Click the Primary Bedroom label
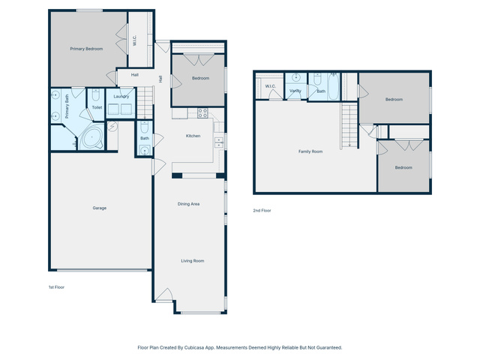pyautogui.click(x=86, y=49)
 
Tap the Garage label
pyautogui.click(x=100, y=208)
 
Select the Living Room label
pyautogui.click(x=193, y=261)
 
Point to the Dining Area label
pyautogui.click(x=188, y=204)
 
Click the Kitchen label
pyautogui.click(x=193, y=136)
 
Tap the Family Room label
pyautogui.click(x=310, y=151)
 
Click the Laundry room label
pyautogui.click(x=121, y=97)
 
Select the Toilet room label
pyautogui.click(x=97, y=107)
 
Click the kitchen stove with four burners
pyautogui.click(x=202, y=113)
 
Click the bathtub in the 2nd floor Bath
pyautogui.click(x=333, y=86)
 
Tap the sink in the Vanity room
pyautogui.click(x=296, y=78)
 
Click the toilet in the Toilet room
pyautogui.click(x=96, y=95)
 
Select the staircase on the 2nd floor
pyautogui.click(x=349, y=125)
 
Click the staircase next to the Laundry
pyautogui.click(x=145, y=103)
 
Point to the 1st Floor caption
pyautogui.click(x=57, y=287)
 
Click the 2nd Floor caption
pyautogui.click(x=262, y=210)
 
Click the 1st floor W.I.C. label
pyautogui.click(x=135, y=40)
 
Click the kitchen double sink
pyautogui.click(x=218, y=142)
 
